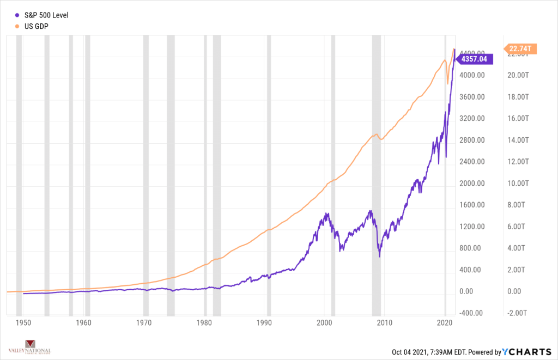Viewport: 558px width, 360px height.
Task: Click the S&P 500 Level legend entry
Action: tap(42, 15)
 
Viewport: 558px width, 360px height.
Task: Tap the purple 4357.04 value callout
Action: tap(476, 59)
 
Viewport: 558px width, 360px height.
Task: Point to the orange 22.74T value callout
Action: tap(520, 49)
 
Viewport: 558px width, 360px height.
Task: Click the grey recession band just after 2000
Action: tap(333, 174)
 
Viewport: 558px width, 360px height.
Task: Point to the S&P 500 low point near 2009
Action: tap(379, 256)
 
